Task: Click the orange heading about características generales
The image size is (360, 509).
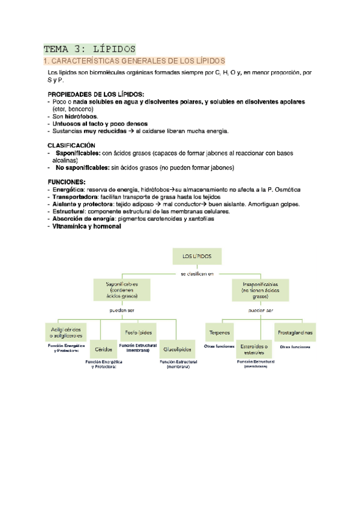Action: coord(134,61)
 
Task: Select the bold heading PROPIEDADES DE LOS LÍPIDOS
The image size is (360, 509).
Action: coord(96,95)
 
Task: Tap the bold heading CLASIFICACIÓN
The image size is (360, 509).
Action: coord(71,145)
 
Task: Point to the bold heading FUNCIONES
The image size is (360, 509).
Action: coord(67,181)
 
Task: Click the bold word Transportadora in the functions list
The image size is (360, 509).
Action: coord(75,196)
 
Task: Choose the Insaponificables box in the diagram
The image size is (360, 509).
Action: coord(260,290)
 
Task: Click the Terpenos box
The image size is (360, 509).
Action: coord(218,332)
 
